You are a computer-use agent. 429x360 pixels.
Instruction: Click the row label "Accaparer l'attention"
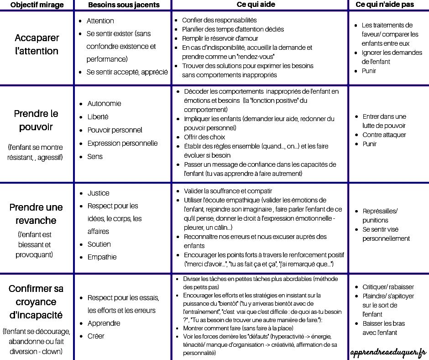point(37,44)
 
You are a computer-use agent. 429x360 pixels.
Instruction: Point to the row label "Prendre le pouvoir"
point(37,120)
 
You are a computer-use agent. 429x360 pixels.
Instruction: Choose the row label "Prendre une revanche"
point(36,214)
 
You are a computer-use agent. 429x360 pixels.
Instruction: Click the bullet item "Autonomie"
point(104,103)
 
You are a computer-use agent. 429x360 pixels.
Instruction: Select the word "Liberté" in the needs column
point(98,116)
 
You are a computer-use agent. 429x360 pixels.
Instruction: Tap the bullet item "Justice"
point(99,193)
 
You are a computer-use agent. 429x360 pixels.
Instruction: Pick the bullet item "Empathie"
point(102,257)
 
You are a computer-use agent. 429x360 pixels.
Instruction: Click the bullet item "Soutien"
point(99,244)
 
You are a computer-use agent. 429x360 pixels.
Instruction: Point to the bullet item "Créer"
point(96,336)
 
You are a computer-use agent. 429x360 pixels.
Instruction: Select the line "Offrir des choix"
point(204,137)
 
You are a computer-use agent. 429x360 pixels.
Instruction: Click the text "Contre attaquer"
point(384,135)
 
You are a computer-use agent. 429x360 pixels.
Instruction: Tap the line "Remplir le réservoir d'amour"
point(220,38)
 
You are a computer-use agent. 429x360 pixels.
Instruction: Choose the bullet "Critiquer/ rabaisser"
point(388,287)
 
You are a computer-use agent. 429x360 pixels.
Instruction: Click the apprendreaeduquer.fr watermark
point(388,352)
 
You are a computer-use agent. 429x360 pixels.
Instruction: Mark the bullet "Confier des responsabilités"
point(219,20)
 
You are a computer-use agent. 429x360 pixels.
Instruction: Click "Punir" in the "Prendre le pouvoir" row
point(370,144)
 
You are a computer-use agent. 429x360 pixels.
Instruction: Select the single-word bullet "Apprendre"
point(104,323)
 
